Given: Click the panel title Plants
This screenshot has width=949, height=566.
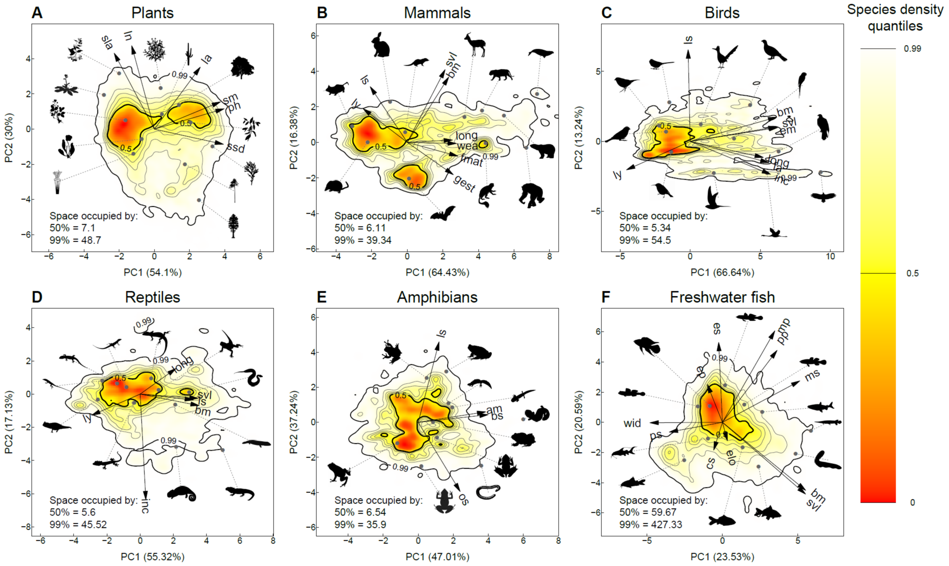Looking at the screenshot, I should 152,12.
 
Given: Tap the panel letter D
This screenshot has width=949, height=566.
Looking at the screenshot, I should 37,297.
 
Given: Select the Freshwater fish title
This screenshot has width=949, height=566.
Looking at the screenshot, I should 722,297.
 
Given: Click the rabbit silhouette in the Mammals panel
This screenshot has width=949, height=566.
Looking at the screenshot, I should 380,45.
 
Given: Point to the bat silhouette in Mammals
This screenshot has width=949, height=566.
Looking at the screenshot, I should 442,213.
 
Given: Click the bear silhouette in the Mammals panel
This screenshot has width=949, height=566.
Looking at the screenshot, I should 543,151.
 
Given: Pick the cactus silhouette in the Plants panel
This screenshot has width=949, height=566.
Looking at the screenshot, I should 189,54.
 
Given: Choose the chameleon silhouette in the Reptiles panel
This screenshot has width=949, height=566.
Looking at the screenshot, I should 181,493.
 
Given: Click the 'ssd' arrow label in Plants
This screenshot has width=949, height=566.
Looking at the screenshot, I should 236,147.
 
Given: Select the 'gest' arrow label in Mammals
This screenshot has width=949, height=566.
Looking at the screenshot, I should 464,183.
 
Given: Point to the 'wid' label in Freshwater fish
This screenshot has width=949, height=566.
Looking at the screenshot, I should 632,423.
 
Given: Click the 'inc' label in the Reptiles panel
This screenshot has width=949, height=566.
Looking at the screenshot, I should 145,505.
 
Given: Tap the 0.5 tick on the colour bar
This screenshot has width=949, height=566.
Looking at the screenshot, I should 912,273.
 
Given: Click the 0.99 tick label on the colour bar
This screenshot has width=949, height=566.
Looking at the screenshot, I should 912,49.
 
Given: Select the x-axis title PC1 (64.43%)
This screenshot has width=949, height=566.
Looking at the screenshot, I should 437,272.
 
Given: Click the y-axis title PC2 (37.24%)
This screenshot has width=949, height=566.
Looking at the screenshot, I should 294,422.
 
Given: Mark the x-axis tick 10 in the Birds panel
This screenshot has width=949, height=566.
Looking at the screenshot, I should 830,256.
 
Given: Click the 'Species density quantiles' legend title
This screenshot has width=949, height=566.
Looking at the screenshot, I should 895,17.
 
